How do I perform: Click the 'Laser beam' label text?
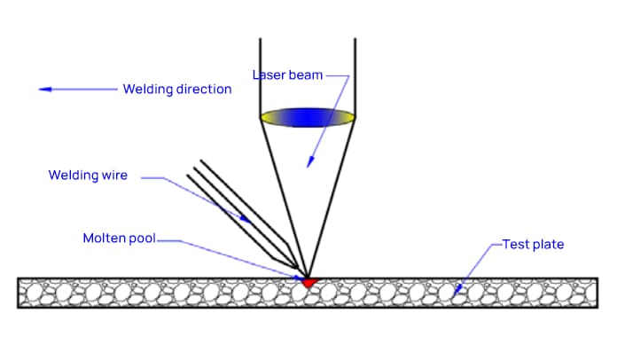point(288,75)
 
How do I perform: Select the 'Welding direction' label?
point(177,89)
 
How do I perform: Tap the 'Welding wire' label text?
point(88,176)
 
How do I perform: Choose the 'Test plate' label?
point(533,244)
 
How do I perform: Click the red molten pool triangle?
point(308,282)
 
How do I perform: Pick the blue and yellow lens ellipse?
point(308,116)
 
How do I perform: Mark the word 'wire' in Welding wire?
point(113,176)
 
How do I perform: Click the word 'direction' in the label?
point(204,89)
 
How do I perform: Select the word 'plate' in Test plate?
point(547,244)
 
